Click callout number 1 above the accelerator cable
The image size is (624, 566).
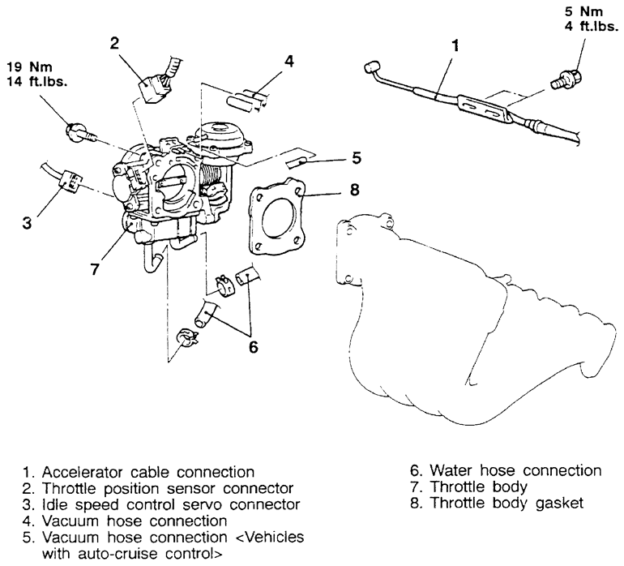(x=455, y=46)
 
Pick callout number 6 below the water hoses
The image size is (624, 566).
(x=254, y=346)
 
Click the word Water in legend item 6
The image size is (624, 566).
(x=449, y=471)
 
